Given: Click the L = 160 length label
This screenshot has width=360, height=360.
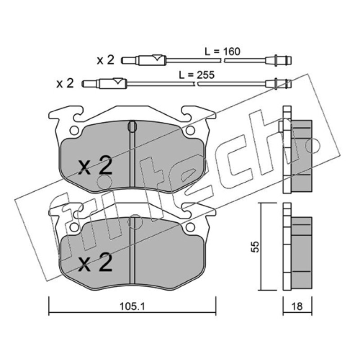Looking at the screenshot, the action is tap(222, 51).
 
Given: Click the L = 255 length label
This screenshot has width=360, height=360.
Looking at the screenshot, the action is tap(197, 75).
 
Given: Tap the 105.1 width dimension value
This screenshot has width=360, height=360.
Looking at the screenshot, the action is tap(132, 306).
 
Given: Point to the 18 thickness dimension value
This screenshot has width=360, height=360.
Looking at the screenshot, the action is tap(297, 306).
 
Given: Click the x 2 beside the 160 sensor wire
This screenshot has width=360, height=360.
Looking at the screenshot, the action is tap(105, 60).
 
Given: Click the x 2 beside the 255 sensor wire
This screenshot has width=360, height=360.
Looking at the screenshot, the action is tap(65, 83).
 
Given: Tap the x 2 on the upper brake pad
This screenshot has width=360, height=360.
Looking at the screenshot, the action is tap(95, 166).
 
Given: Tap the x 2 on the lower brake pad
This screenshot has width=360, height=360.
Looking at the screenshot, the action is tap(95, 262).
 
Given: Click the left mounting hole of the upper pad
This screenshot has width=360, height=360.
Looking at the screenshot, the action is tap(74, 130).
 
